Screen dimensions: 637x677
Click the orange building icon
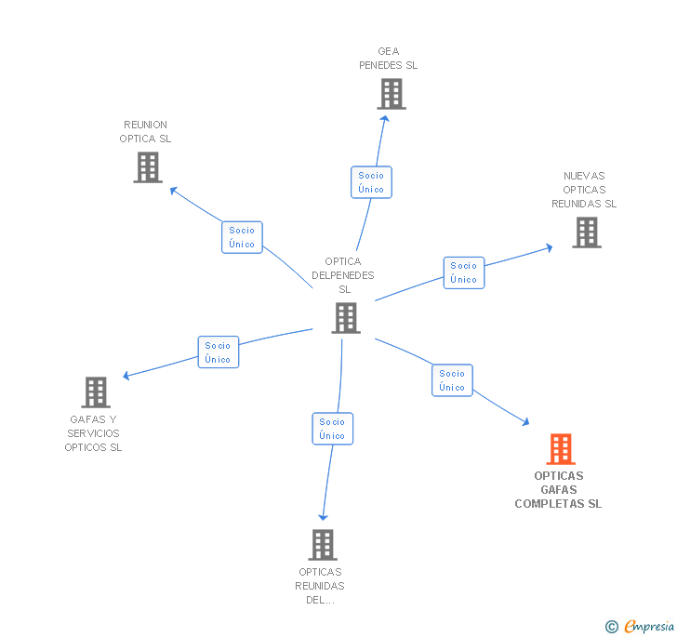click(560, 449)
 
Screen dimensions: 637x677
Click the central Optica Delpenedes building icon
click(345, 318)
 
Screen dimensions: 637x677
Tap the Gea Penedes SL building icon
click(392, 94)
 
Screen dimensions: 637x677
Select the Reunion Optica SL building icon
click(147, 167)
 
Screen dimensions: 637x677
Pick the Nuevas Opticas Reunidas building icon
click(586, 232)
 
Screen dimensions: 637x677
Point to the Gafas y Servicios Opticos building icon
click(96, 392)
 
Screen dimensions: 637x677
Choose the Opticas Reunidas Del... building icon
click(322, 545)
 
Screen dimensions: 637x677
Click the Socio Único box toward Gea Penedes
click(371, 182)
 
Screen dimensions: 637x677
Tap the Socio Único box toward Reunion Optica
click(242, 237)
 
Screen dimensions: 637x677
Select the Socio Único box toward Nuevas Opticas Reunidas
click(463, 272)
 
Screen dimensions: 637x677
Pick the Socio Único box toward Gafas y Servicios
click(218, 352)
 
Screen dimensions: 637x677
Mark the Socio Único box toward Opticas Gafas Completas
click(452, 380)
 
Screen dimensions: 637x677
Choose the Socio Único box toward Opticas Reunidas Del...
click(332, 429)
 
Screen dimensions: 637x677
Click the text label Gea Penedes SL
click(389, 59)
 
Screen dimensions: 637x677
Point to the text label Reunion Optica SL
click(146, 132)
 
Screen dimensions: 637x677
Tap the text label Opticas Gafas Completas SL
click(558, 490)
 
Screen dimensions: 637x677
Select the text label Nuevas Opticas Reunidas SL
click(584, 190)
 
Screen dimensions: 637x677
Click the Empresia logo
click(649, 627)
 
